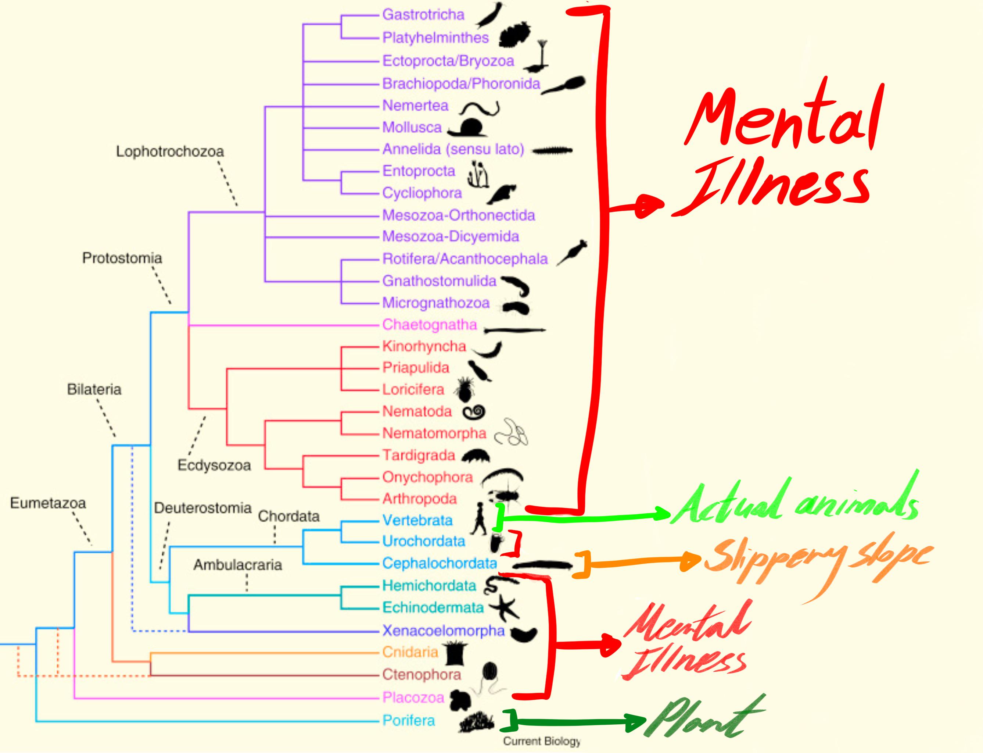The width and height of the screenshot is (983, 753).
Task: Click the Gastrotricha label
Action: pyautogui.click(x=423, y=15)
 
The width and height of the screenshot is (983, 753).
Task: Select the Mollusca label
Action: pyautogui.click(x=412, y=127)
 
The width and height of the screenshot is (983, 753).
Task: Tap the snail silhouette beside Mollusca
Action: pyautogui.click(x=469, y=128)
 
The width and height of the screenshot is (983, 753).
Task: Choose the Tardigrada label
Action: pyautogui.click(x=419, y=456)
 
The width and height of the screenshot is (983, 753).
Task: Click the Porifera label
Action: pyautogui.click(x=408, y=720)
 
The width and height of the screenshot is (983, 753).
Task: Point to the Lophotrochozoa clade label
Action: pyautogui.click(x=170, y=151)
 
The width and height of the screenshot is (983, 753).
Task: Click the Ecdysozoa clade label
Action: pyautogui.click(x=214, y=465)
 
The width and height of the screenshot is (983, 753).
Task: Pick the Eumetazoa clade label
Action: pyautogui.click(x=48, y=503)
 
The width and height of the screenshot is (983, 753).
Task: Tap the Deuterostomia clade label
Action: pyautogui.click(x=202, y=508)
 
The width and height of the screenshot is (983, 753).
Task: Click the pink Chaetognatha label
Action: pyautogui.click(x=429, y=325)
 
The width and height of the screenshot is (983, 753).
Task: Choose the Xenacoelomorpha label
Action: pyautogui.click(x=443, y=631)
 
